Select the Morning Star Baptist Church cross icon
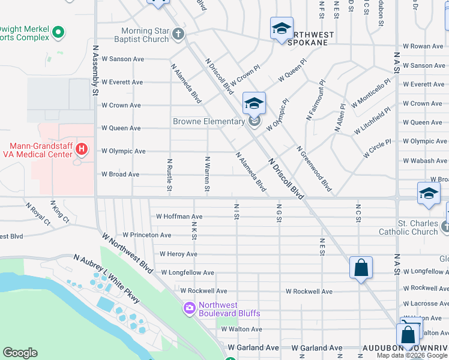click(x=178, y=34)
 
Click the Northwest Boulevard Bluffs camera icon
click(x=190, y=308)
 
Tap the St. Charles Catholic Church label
click(x=408, y=227)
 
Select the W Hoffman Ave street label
click(x=179, y=216)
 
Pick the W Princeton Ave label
click(x=146, y=235)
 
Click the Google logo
click(x=20, y=353)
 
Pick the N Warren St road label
click(x=206, y=175)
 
